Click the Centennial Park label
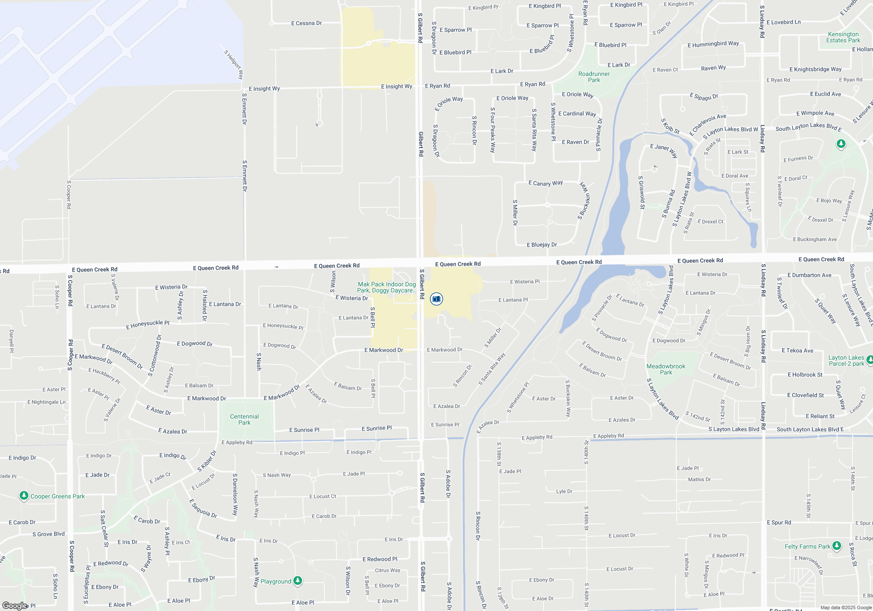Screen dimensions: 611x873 tap(244, 419)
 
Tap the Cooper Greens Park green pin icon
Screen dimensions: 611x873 tap(24, 496)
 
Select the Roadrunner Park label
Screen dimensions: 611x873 tap(594, 77)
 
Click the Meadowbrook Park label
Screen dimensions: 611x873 tap(666, 369)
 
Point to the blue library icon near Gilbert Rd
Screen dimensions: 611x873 tap(436, 299)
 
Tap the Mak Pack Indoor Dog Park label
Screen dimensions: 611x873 tap(387, 287)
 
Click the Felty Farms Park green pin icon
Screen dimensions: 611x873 tap(836, 546)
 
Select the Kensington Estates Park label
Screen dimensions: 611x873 tap(843, 37)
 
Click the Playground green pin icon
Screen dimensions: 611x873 tap(298, 580)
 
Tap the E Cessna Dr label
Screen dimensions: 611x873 tap(306, 23)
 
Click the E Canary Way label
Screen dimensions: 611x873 tap(546, 183)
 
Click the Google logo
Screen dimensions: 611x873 tap(15, 605)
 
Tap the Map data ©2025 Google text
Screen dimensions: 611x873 tap(846, 608)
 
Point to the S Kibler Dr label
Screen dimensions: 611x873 tap(207, 461)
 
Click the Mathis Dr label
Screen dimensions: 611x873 tap(699, 480)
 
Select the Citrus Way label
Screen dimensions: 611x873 tap(388, 570)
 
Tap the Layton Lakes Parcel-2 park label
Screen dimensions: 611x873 tap(846, 360)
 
